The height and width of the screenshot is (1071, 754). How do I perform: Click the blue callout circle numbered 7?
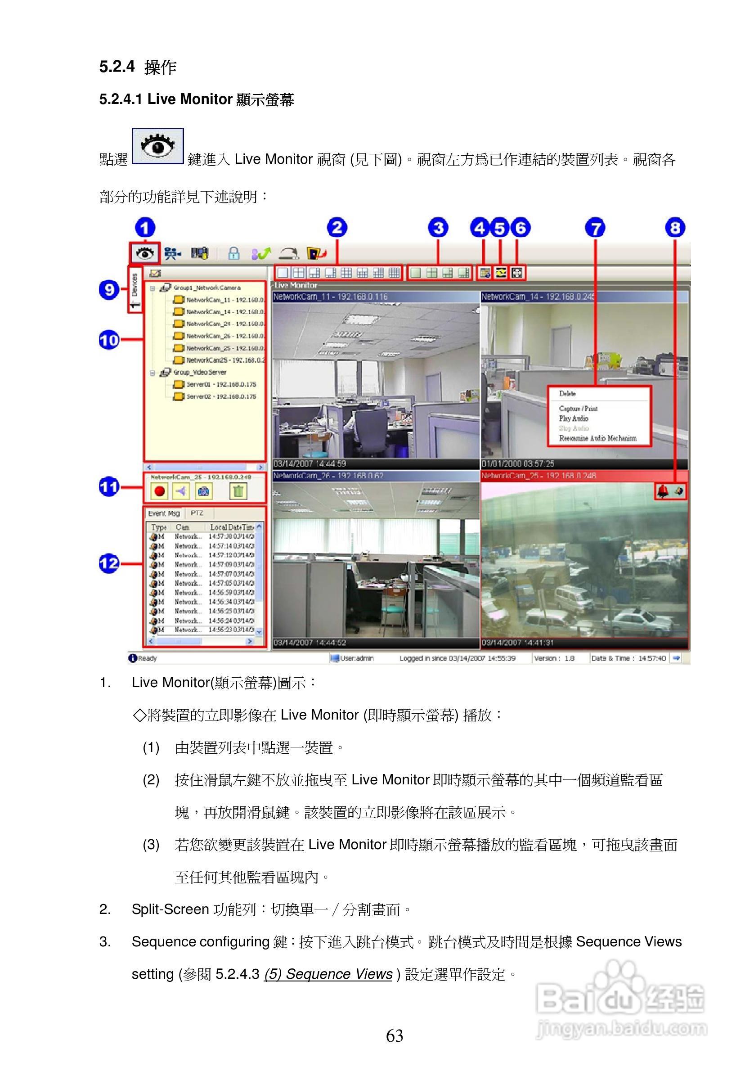pyautogui.click(x=595, y=228)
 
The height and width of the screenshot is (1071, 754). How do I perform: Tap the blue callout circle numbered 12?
pyautogui.click(x=109, y=563)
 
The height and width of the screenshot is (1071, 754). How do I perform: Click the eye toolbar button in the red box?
pyautogui.click(x=145, y=253)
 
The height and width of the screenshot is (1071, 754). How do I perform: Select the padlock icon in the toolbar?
pyautogui.click(x=233, y=253)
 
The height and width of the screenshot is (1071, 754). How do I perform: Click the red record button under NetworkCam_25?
pyautogui.click(x=160, y=490)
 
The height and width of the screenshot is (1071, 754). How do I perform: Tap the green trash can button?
pyautogui.click(x=238, y=490)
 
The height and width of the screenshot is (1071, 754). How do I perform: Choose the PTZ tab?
pyautogui.click(x=197, y=513)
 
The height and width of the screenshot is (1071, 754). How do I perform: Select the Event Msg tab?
pyautogui.click(x=164, y=513)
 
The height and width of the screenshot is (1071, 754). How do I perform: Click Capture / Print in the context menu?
pyautogui.click(x=578, y=409)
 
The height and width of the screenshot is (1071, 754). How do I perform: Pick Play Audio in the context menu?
pyautogui.click(x=574, y=418)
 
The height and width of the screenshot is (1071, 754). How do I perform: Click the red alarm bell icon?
pyautogui.click(x=663, y=490)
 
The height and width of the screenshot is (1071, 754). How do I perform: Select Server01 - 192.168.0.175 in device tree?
pyautogui.click(x=220, y=384)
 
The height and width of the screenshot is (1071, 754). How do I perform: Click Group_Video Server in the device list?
pyautogui.click(x=200, y=372)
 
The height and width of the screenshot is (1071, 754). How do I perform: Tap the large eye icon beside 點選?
pyautogui.click(x=157, y=146)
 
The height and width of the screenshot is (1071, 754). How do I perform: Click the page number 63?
pyautogui.click(x=395, y=1035)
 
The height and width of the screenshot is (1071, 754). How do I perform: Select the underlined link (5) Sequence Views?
pyautogui.click(x=328, y=974)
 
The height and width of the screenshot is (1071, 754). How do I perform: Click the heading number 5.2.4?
pyautogui.click(x=117, y=67)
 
